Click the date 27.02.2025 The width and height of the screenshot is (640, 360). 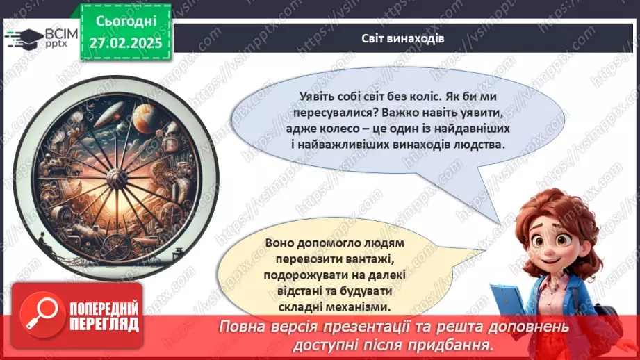pos(126,43)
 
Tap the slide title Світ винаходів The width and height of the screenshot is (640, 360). pos(403,38)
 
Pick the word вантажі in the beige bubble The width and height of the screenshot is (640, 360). pos(363,259)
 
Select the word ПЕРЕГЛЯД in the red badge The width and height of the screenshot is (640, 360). pos(104,323)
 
